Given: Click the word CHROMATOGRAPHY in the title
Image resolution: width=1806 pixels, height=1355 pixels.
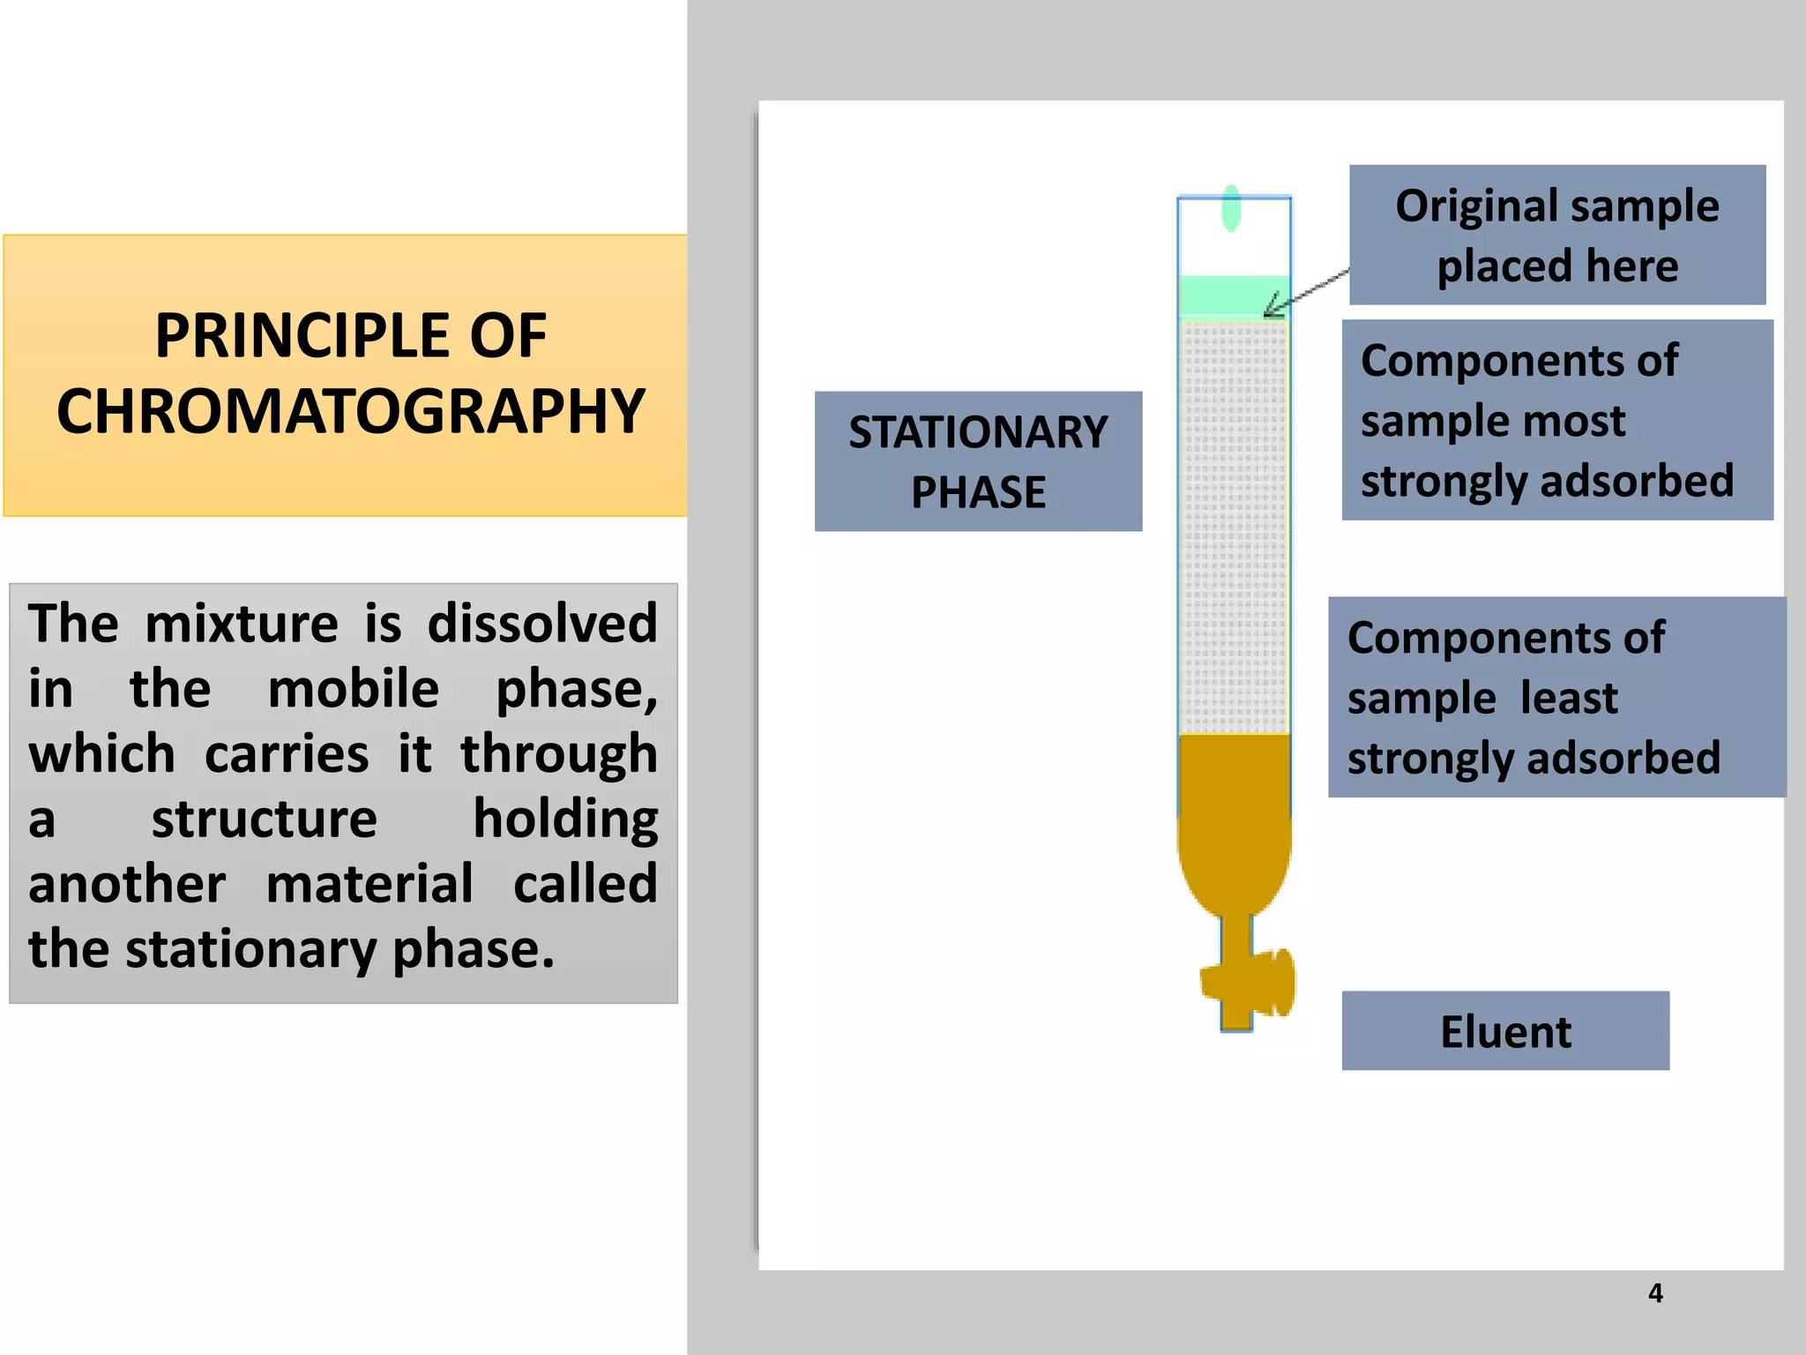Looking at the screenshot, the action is pyautogui.click(x=351, y=412).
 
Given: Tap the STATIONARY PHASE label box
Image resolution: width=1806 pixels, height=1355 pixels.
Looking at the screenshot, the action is pyautogui.click(x=978, y=461).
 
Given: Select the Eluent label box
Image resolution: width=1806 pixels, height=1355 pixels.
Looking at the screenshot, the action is pyautogui.click(x=1505, y=1031).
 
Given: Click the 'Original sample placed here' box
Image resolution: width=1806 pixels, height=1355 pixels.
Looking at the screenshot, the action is pyautogui.click(x=1557, y=235).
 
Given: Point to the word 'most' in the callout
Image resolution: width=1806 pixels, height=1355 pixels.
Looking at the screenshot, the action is pyautogui.click(x=1580, y=421).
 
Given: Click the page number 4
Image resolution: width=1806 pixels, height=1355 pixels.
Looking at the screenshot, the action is pyautogui.click(x=1655, y=1293).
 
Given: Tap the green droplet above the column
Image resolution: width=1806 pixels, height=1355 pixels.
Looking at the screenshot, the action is pyautogui.click(x=1231, y=208).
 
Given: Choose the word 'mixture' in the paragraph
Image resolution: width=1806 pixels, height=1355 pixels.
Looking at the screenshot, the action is pyautogui.click(x=242, y=625).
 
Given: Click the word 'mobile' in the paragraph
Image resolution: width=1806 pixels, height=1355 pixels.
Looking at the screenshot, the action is pyautogui.click(x=353, y=689).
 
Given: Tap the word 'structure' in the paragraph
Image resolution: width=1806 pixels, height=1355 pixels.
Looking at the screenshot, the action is pyautogui.click(x=265, y=820).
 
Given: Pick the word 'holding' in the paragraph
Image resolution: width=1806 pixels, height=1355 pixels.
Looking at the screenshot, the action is pyautogui.click(x=565, y=820).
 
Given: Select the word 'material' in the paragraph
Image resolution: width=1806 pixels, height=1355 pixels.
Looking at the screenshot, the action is pyautogui.click(x=369, y=884).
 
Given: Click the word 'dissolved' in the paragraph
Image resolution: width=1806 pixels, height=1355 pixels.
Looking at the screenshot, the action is pyautogui.click(x=542, y=625).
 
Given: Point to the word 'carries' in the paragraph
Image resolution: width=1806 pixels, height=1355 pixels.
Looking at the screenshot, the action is pyautogui.click(x=287, y=754).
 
